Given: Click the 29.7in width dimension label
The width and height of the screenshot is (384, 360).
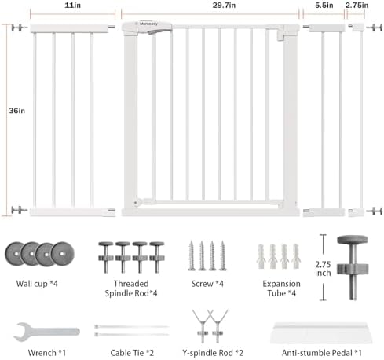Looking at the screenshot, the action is click(x=224, y=6).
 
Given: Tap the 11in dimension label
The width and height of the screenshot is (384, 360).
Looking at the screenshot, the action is click(x=72, y=6).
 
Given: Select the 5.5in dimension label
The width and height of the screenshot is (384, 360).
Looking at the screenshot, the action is click(x=324, y=6).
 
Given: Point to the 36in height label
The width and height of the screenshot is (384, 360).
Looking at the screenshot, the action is click(x=17, y=111).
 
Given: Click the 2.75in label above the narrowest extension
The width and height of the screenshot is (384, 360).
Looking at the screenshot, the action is click(x=357, y=6).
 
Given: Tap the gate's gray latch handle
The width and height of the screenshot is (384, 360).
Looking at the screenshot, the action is click(x=159, y=31).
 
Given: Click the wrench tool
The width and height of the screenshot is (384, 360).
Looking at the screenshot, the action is click(x=46, y=332).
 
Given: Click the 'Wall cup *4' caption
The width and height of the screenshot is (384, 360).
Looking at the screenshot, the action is click(x=37, y=284).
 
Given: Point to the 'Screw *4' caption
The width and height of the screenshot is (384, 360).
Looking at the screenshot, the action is click(x=207, y=284).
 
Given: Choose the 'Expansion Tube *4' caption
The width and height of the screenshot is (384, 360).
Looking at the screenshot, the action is click(x=281, y=288).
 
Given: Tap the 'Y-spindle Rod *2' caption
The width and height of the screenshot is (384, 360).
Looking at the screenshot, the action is click(x=213, y=353).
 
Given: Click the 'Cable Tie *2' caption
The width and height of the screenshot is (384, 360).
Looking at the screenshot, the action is click(x=132, y=353).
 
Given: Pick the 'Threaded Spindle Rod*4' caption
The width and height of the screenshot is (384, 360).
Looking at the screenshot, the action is click(x=131, y=288).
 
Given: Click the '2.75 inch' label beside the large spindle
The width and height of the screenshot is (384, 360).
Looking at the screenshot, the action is click(x=323, y=269).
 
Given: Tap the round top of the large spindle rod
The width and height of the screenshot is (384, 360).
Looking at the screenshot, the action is click(x=353, y=240).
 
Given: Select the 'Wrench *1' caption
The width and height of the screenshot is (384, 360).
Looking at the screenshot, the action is click(x=47, y=353).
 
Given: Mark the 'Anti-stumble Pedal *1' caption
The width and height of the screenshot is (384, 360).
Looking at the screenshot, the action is click(x=322, y=353).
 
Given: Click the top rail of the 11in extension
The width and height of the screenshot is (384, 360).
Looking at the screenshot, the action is click(x=69, y=28).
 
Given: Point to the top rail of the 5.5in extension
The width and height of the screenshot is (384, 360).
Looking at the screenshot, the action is click(x=327, y=28).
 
